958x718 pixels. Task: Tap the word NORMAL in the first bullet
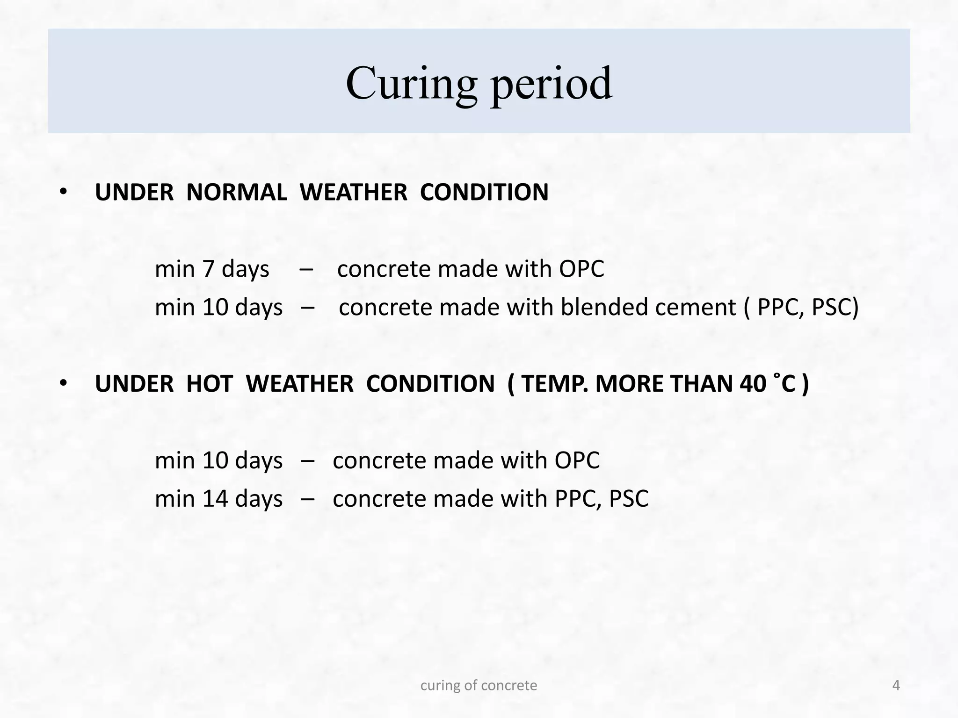[x=237, y=192]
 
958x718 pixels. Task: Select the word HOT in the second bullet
[x=209, y=384]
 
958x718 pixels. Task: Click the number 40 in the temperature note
[x=753, y=384]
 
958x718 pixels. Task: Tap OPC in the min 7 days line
[x=581, y=269]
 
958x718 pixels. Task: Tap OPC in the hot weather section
[x=577, y=460]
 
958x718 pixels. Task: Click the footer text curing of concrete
[x=479, y=685]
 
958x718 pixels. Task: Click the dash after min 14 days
[x=308, y=499]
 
